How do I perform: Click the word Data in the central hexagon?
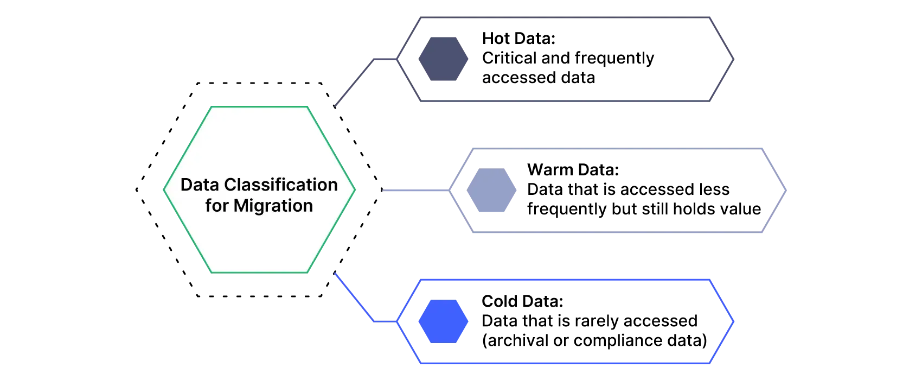coord(200,185)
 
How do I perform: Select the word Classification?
coord(281,185)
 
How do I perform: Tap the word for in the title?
coord(217,206)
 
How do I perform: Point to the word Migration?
coord(273,206)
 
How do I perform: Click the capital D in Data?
coord(186,185)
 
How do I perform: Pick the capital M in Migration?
coord(241,206)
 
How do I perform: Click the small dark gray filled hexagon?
coord(443,59)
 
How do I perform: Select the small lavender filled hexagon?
coord(490,190)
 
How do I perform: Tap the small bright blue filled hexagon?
coord(443,321)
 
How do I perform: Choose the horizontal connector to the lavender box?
coord(415,191)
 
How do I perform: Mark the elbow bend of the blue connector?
coord(373,322)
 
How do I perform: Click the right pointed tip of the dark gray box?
coord(734,59)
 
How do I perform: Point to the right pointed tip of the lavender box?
coord(787,191)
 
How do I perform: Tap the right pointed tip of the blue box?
coord(734,321)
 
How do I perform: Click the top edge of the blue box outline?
coord(564,281)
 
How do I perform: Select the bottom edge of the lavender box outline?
coord(618,232)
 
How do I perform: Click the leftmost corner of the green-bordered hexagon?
coord(164,189)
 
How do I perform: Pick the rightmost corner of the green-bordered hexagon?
coord(355,189)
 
